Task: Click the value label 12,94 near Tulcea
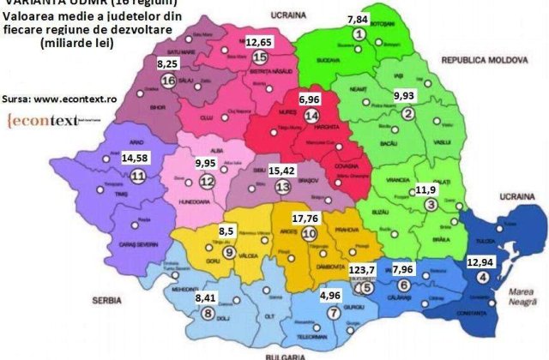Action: (x=484, y=261)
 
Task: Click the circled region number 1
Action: (x=359, y=33)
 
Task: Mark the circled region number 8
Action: (x=208, y=314)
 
